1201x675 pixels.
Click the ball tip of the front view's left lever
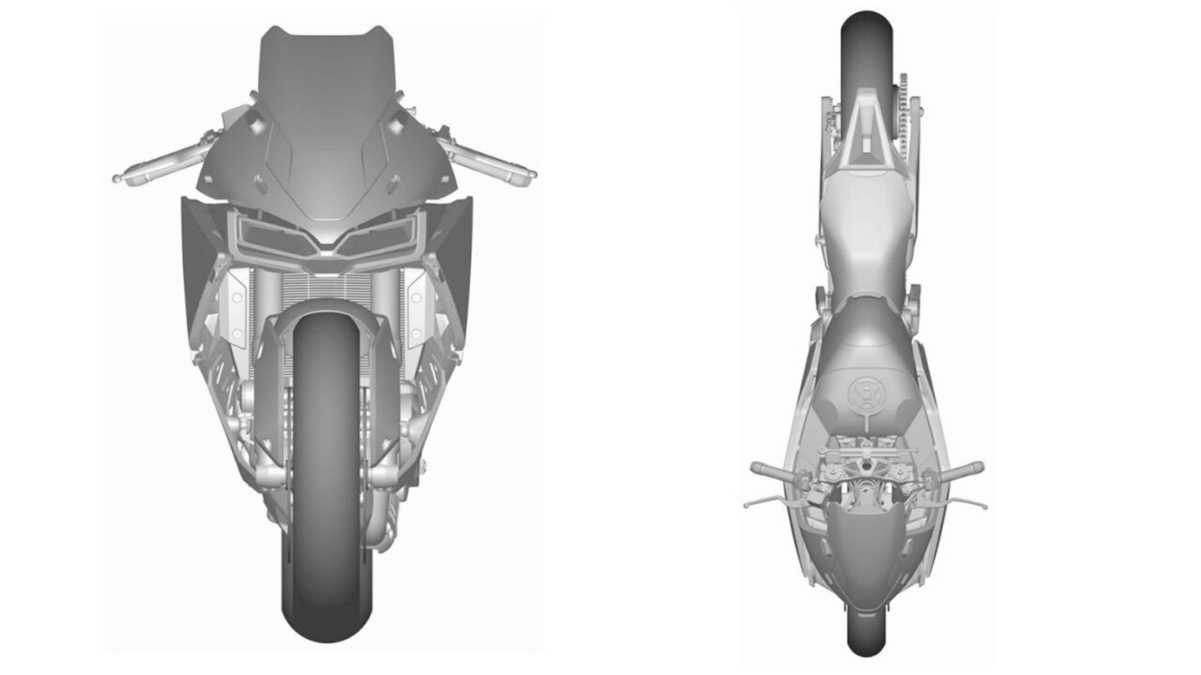(116, 178)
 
